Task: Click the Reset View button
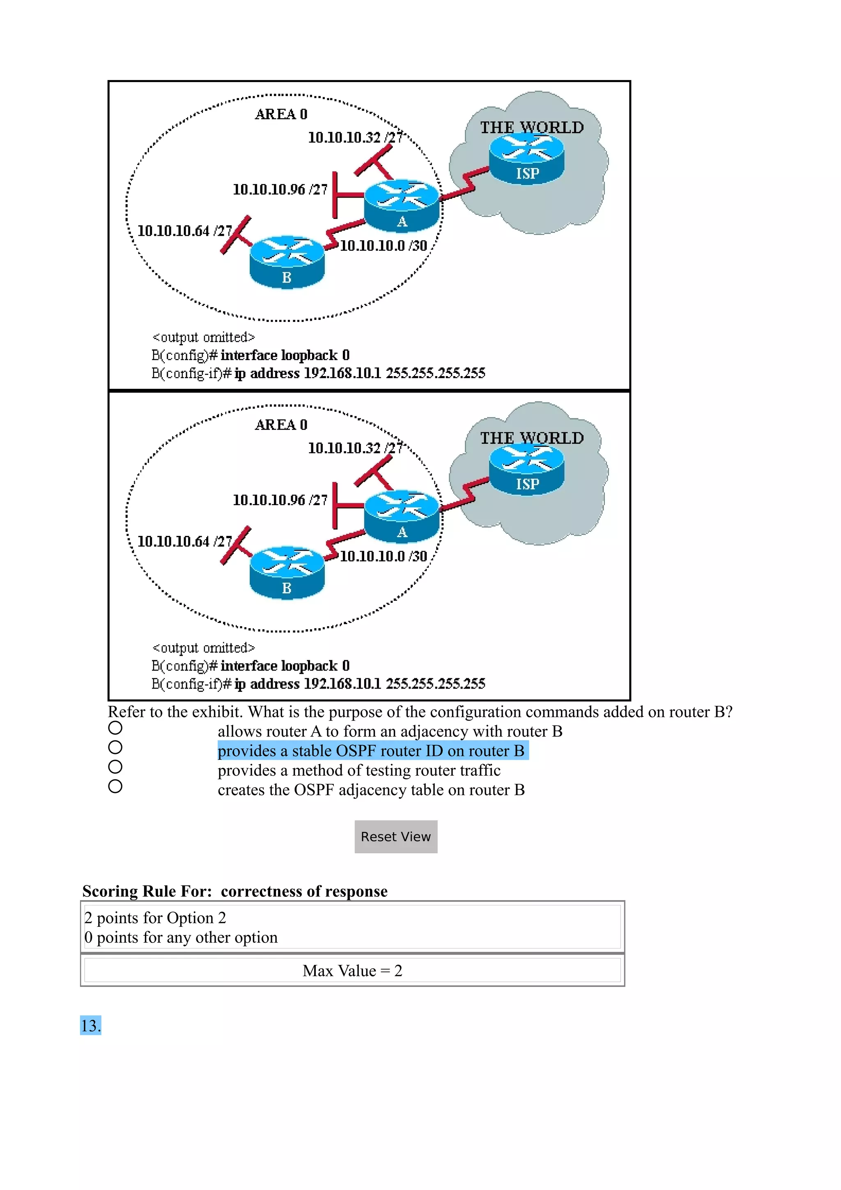click(395, 836)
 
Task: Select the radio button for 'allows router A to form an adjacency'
click(115, 728)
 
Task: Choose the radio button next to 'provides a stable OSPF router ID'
click(115, 747)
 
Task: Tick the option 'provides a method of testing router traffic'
click(115, 767)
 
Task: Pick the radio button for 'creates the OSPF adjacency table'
click(115, 786)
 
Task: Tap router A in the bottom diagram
click(402, 516)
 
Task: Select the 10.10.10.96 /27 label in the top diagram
click(280, 190)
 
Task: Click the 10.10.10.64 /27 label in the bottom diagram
click(184, 542)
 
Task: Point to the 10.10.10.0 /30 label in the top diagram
click(384, 246)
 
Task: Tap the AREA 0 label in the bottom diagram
click(281, 425)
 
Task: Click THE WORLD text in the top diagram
click(532, 127)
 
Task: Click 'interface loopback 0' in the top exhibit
click(285, 356)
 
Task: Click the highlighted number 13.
click(91, 1026)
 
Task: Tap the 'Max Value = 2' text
click(352, 971)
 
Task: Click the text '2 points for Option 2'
click(155, 918)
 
